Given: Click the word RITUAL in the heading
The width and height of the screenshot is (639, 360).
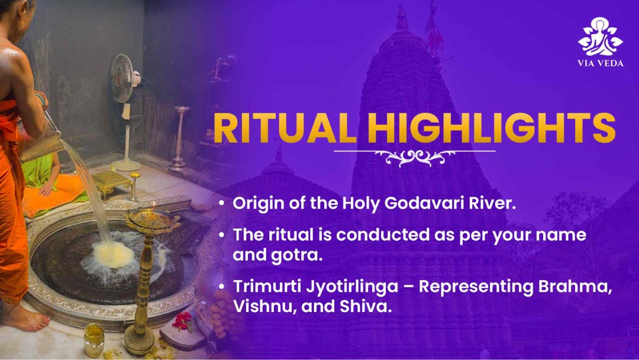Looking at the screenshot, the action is click(285, 128).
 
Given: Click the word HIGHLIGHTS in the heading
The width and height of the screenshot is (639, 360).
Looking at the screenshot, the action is click(491, 128).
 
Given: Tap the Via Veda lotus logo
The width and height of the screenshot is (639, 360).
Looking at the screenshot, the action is click(601, 37).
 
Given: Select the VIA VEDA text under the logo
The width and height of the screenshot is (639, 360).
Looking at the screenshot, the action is click(601, 63).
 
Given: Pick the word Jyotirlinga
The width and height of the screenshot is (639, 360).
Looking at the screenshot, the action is click(352, 287).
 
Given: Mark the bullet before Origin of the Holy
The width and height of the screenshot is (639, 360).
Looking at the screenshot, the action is click(221, 203).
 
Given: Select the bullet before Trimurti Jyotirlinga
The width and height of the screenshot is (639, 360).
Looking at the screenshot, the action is click(221, 287).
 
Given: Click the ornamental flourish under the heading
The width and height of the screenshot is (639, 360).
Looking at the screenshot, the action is click(414, 157).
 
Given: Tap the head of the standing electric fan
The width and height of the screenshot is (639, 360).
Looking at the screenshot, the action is click(124, 78).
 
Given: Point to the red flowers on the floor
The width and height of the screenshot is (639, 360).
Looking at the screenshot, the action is click(182, 321).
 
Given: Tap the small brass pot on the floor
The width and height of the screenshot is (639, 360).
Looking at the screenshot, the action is click(94, 340).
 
